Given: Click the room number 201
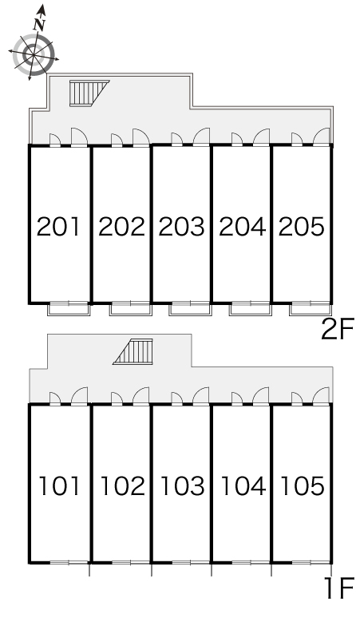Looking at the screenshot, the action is (58, 227).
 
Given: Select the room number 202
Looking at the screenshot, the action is (121, 227).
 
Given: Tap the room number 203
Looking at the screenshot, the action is (181, 227).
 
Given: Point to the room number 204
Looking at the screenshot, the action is (242, 227).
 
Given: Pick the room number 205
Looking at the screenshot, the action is (302, 227).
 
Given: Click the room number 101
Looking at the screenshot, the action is (60, 485).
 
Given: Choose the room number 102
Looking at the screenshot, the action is (122, 485).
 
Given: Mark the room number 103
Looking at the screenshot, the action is (183, 485).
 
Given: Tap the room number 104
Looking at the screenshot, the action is (243, 485).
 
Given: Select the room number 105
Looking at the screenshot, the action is (303, 485).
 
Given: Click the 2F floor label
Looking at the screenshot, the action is (338, 330).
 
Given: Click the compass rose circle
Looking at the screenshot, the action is (33, 54).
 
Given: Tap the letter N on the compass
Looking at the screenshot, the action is (38, 26).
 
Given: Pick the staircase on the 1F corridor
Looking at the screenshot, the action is (133, 351).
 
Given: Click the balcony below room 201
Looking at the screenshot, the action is (69, 309).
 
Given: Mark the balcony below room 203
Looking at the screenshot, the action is (190, 309).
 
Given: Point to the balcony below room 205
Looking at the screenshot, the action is (311, 309).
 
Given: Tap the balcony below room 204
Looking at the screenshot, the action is (250, 309).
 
